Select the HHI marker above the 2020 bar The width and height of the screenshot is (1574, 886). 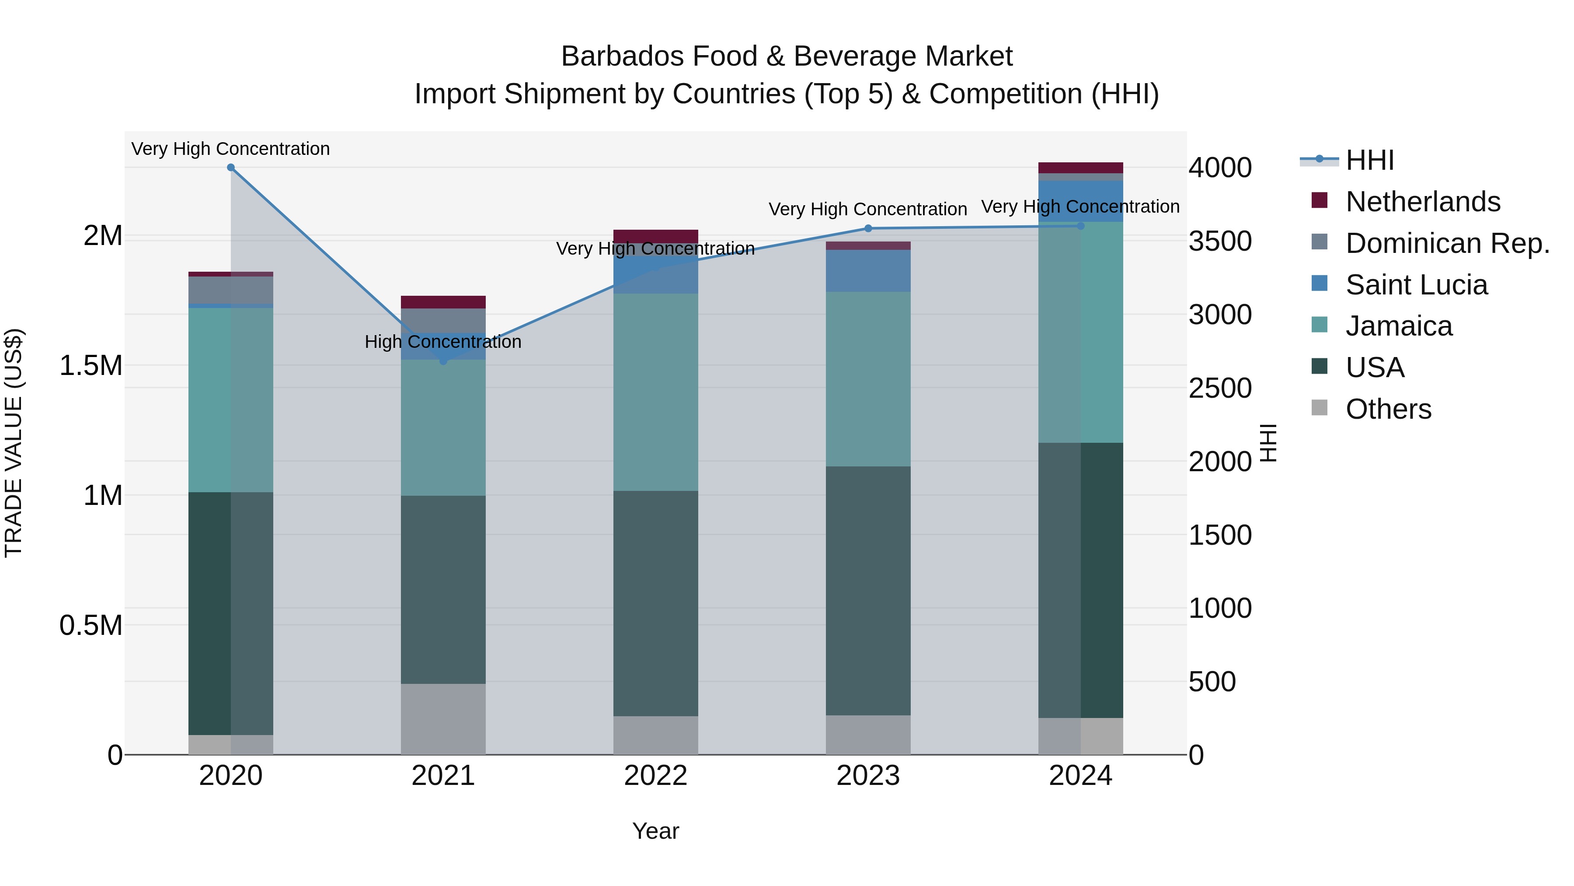pos(231,168)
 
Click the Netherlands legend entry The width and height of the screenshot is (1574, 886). pos(1422,202)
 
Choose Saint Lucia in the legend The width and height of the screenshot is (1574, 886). pos(1416,285)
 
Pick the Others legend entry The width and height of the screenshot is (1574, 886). pos(1388,409)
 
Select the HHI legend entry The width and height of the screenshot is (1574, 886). pos(1369,160)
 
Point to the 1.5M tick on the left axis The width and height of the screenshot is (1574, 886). pos(91,366)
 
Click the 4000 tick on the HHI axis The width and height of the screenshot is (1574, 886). pos(1219,168)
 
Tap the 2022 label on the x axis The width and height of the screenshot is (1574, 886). pos(656,776)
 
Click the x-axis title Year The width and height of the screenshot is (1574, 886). pos(656,831)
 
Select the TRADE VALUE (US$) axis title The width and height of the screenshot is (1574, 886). pos(14,443)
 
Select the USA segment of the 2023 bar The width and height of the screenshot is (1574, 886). pos(868,590)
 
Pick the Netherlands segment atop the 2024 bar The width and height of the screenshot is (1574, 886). pos(1080,168)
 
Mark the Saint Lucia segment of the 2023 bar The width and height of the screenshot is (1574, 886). pos(868,270)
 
